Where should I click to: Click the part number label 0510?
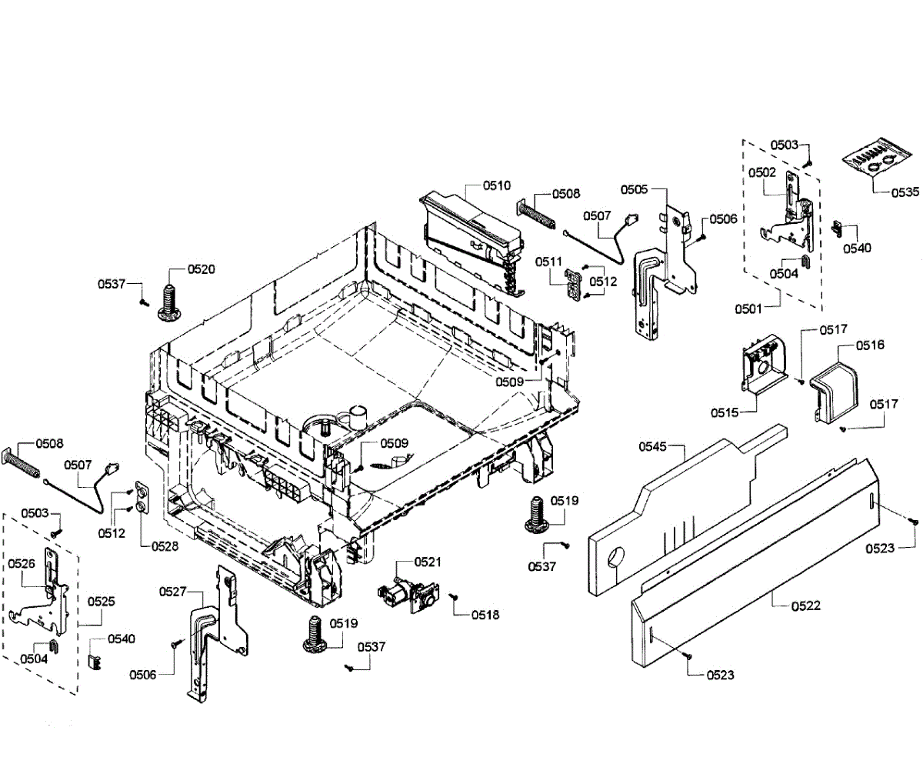497,185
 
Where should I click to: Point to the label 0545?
652,447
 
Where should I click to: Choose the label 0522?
806,606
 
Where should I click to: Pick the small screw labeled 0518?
454,596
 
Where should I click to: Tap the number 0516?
870,345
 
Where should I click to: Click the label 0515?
725,412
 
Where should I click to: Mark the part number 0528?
164,545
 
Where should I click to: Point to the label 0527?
173,591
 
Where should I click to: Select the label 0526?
22,563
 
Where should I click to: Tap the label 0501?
748,309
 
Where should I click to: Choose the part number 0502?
761,173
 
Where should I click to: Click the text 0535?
905,192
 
